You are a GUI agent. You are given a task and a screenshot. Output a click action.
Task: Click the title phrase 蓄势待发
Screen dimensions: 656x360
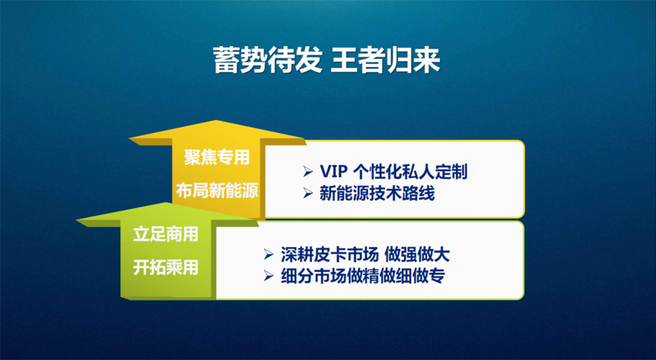coord(268,60)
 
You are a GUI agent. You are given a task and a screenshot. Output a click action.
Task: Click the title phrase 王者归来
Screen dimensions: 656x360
coord(386,60)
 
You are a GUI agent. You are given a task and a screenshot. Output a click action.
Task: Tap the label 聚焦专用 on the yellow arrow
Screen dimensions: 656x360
coord(216,157)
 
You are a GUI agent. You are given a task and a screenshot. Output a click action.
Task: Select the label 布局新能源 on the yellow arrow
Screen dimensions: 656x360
coord(216,190)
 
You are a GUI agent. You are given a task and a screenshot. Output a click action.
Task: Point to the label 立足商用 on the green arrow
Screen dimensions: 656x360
coord(166,235)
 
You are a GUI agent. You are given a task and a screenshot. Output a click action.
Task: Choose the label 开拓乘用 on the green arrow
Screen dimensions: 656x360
coord(166,268)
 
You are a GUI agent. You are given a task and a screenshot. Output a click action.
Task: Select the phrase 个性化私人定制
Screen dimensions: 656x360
coord(411,172)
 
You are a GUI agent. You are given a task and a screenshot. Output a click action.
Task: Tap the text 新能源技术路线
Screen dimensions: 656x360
coord(377,193)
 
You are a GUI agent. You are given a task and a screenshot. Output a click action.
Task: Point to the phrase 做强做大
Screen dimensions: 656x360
coord(417,254)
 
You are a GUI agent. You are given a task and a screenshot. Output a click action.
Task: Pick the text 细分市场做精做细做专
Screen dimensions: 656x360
coord(362,276)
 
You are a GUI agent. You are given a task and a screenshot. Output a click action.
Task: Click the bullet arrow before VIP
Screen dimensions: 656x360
coord(308,171)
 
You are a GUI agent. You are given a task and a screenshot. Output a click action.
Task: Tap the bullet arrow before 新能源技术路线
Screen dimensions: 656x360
coord(308,193)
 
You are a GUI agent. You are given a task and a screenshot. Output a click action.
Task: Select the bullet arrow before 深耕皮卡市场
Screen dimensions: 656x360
coord(268,254)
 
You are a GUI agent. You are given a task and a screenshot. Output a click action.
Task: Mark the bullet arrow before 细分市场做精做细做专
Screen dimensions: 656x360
coord(268,276)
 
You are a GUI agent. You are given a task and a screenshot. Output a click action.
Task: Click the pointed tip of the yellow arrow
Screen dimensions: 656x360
coord(216,121)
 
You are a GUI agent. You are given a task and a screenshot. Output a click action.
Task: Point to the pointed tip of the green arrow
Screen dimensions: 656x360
coord(166,203)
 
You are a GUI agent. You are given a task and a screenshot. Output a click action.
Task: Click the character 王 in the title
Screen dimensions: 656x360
coord(344,60)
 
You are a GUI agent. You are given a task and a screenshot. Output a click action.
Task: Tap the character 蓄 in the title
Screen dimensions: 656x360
coord(226,60)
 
